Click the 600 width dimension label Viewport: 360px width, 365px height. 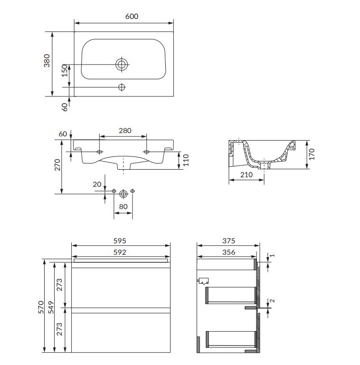coord(132,16)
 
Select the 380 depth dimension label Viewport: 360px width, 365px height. coord(47,60)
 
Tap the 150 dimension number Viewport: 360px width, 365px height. coord(65,70)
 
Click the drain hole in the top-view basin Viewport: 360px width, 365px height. coord(122,64)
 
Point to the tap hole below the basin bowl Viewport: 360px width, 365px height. coord(122,87)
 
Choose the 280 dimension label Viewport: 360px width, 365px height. coord(125,131)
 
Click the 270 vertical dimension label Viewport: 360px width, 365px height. coord(57,165)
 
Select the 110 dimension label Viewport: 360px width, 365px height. coord(186,160)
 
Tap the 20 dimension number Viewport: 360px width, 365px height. coord(97,184)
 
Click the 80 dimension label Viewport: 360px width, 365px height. coord(123,206)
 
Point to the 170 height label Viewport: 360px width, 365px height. coord(312,154)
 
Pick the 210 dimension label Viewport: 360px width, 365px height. coord(246,174)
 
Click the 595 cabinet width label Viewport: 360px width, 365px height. coord(120,240)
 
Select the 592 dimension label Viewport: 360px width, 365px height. coord(120,252)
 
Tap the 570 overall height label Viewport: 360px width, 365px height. coord(41,307)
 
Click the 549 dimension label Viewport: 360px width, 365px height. coord(51,307)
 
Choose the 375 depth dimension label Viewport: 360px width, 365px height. coord(229,240)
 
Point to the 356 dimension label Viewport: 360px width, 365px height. coord(229,252)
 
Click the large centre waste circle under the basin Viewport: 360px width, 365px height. coord(123,194)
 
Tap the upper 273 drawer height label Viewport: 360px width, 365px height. coord(59,285)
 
